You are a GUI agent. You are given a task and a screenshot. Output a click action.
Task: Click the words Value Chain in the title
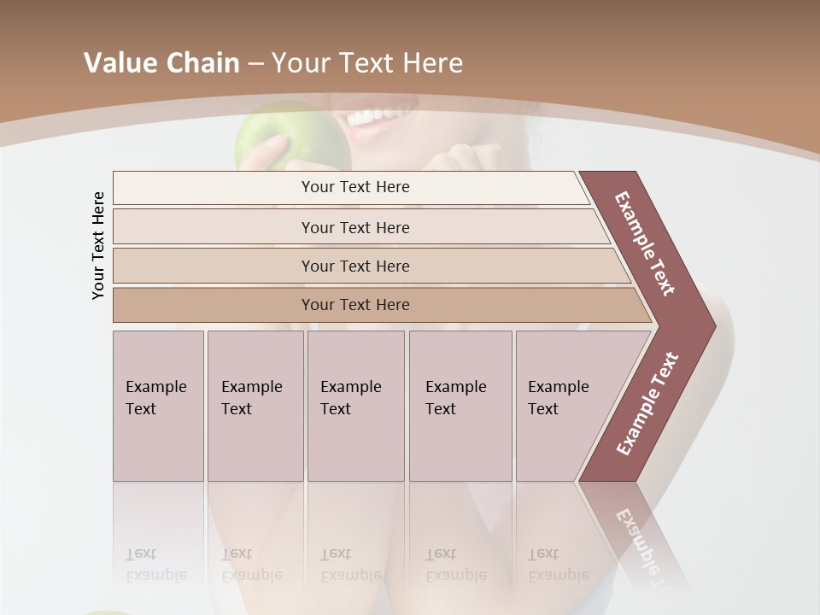pyautogui.click(x=161, y=63)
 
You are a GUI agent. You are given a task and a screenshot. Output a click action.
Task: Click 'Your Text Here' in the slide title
pyautogui.click(x=367, y=63)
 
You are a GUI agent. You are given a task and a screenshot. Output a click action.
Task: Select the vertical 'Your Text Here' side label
pyautogui.click(x=99, y=245)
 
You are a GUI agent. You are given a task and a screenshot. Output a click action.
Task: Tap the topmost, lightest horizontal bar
pyautogui.click(x=354, y=187)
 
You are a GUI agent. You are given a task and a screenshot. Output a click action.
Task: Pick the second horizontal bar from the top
pyautogui.click(x=354, y=227)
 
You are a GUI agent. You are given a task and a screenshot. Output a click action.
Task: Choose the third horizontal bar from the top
pyautogui.click(x=354, y=266)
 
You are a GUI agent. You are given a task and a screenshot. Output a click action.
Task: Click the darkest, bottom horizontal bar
pyautogui.click(x=354, y=305)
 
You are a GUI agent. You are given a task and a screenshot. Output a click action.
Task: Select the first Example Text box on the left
pyautogui.click(x=158, y=406)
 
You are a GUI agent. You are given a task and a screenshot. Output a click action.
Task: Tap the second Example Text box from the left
pyautogui.click(x=255, y=406)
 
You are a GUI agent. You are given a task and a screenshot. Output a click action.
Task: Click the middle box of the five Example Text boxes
pyautogui.click(x=355, y=406)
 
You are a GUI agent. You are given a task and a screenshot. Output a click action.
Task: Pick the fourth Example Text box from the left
pyautogui.click(x=460, y=406)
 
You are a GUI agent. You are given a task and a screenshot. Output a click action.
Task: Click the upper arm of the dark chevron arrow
pyautogui.click(x=646, y=243)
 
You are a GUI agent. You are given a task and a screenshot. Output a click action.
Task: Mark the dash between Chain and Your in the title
pyautogui.click(x=255, y=63)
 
